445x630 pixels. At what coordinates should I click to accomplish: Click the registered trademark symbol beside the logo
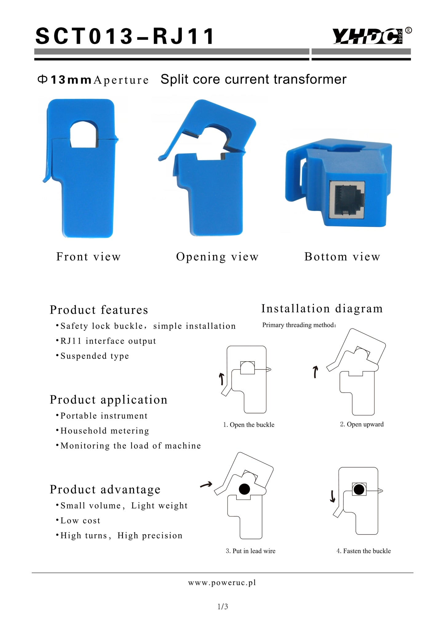(x=408, y=30)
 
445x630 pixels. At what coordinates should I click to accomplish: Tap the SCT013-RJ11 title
(x=125, y=36)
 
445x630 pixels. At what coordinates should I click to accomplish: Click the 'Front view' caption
(x=89, y=257)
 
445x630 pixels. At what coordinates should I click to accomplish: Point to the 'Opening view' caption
(x=217, y=257)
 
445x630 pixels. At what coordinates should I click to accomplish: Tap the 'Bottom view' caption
(x=342, y=257)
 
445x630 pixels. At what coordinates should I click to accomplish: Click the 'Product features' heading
(x=99, y=310)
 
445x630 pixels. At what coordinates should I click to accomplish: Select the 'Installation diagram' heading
(x=322, y=309)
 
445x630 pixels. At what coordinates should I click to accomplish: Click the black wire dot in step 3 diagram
(x=244, y=489)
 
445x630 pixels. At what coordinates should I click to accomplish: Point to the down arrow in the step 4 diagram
(x=332, y=496)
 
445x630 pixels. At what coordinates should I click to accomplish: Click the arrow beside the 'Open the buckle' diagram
(x=221, y=379)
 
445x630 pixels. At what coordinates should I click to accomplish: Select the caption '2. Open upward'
(x=362, y=424)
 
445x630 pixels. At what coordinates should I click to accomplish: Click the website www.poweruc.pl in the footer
(x=222, y=583)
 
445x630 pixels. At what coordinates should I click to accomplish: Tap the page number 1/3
(x=223, y=607)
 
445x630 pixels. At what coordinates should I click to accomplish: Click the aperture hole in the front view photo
(x=84, y=134)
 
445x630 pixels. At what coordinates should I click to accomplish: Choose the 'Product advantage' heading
(x=105, y=489)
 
